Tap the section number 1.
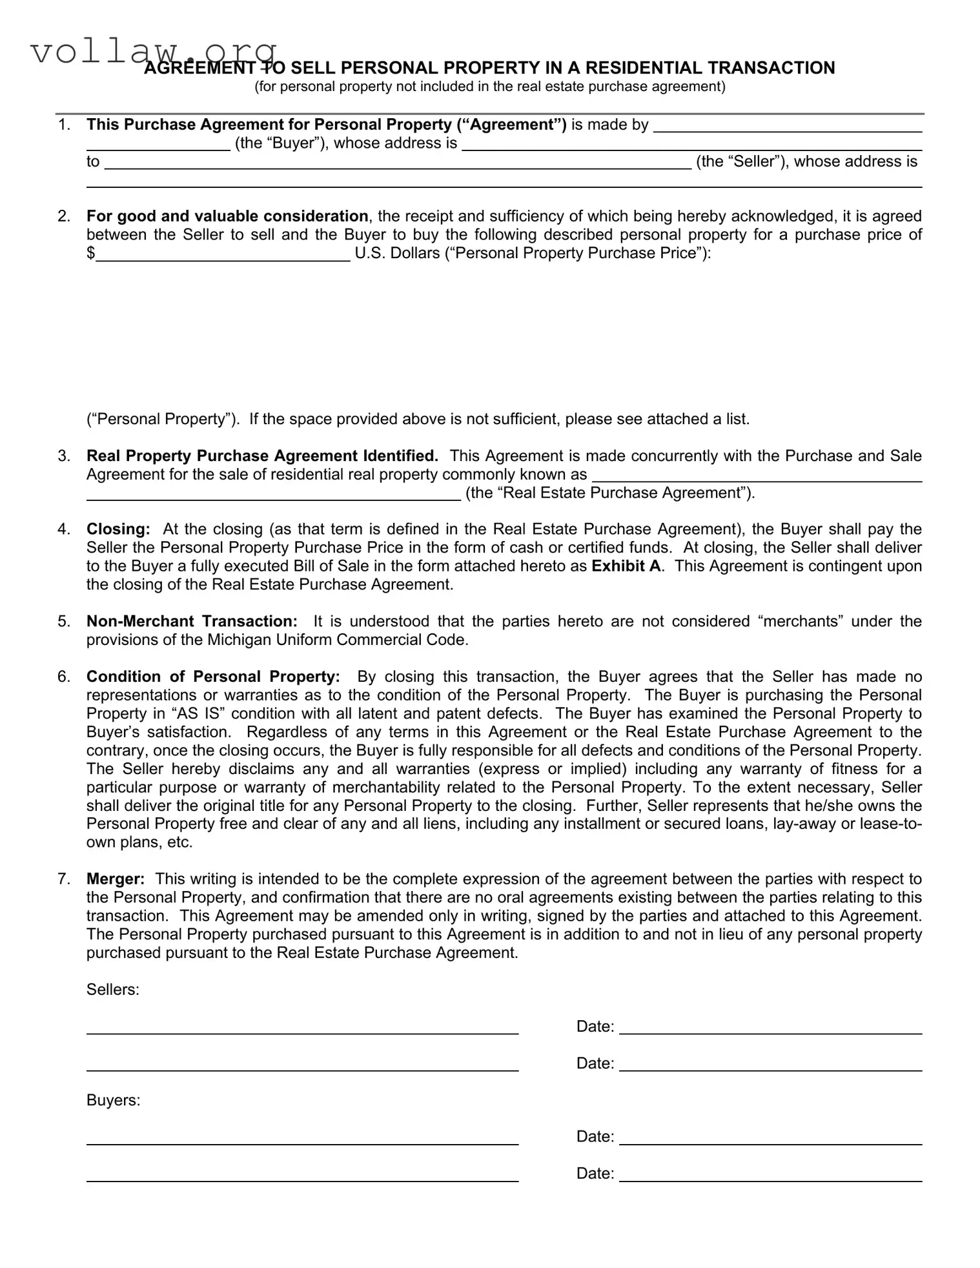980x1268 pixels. click(x=63, y=125)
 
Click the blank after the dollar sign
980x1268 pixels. click(x=223, y=254)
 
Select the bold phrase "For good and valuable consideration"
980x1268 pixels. click(x=227, y=216)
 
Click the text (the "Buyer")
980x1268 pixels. click(x=281, y=143)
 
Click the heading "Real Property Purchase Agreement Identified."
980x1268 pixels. click(x=262, y=456)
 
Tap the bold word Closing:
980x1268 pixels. click(x=118, y=529)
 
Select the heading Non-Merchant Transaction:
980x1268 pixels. click(x=192, y=621)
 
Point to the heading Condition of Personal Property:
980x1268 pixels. click(x=213, y=677)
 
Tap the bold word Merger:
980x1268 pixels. click(x=116, y=879)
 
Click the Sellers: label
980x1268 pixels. click(x=113, y=990)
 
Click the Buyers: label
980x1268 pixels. click(x=113, y=1100)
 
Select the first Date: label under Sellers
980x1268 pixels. click(x=595, y=1027)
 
